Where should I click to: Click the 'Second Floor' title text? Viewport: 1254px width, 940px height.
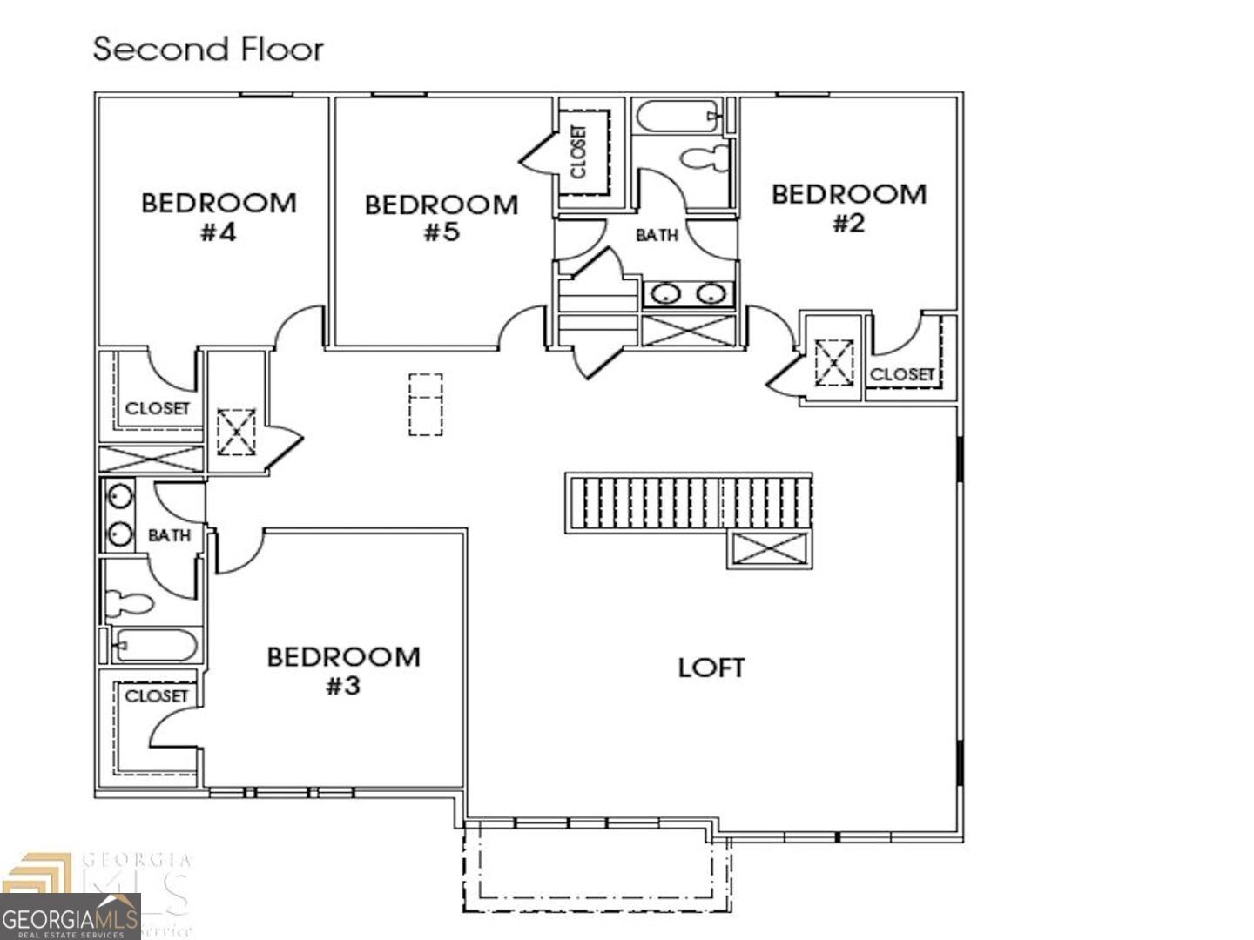click(208, 49)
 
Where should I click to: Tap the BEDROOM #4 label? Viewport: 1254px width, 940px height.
click(219, 217)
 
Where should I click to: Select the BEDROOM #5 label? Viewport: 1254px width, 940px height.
click(442, 218)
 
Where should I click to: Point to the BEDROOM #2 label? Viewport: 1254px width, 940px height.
click(848, 208)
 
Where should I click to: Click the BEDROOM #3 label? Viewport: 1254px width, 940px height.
click(343, 670)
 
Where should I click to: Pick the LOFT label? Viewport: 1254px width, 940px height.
click(711, 668)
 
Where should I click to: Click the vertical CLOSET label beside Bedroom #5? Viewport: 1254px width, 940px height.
click(579, 151)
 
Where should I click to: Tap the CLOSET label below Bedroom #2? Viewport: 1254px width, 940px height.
click(902, 374)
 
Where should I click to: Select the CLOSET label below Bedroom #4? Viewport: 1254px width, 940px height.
click(157, 408)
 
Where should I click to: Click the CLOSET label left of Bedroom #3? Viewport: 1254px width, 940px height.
click(156, 695)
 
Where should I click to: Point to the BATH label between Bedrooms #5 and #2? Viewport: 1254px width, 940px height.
click(657, 235)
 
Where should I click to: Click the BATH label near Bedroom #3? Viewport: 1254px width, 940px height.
click(169, 535)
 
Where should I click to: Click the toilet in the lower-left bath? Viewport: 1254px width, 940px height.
click(129, 602)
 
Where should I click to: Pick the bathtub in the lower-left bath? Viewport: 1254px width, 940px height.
click(154, 646)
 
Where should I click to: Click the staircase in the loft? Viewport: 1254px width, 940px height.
click(688, 502)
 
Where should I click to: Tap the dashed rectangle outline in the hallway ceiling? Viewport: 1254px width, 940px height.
click(425, 404)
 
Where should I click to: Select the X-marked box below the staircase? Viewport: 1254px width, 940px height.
click(769, 550)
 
